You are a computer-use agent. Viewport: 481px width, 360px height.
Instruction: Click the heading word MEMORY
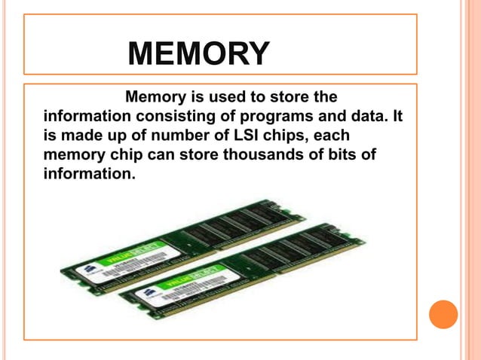[x=198, y=53]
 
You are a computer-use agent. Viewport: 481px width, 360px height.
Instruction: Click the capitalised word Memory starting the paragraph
[x=155, y=98]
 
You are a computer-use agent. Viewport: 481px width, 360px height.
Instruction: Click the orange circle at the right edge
[x=443, y=314]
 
